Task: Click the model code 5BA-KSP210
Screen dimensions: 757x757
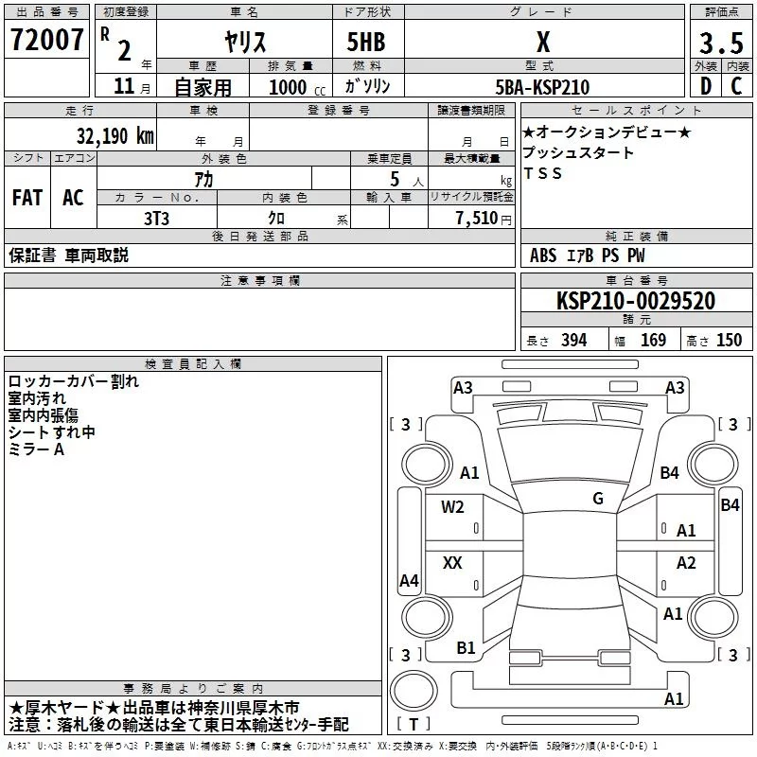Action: point(542,87)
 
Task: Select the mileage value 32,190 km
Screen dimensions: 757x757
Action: point(114,135)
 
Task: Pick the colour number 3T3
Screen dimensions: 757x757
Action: point(156,217)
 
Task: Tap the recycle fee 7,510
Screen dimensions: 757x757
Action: point(477,218)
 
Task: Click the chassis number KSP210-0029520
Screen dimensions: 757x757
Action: point(635,301)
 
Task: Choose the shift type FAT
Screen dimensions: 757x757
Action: point(26,198)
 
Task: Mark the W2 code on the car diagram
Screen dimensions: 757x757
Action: point(452,507)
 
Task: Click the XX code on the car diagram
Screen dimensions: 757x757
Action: point(452,563)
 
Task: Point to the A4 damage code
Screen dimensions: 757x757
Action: point(409,581)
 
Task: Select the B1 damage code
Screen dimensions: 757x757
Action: point(466,648)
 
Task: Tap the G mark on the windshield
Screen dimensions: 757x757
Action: point(598,499)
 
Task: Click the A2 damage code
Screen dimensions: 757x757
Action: point(686,563)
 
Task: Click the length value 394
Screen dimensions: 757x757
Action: point(573,341)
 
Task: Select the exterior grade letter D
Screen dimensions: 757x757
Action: point(704,87)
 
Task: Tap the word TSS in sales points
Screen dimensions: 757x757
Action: point(542,173)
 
